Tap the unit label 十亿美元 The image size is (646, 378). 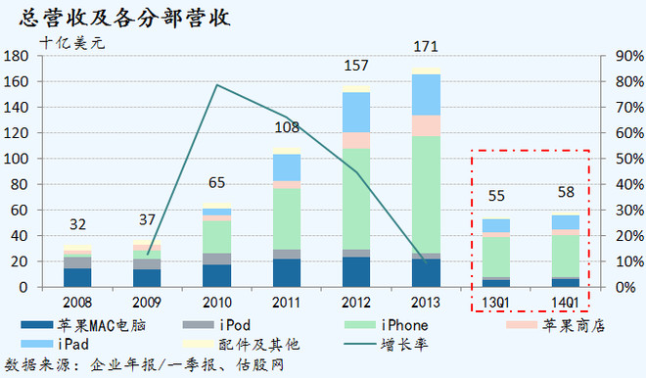(x=70, y=42)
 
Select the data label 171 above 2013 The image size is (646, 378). (x=426, y=46)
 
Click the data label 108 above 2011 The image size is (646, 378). (x=286, y=126)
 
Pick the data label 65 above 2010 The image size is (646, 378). (x=216, y=182)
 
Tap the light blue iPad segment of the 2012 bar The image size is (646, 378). (x=356, y=112)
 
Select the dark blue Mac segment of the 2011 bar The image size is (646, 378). (x=286, y=273)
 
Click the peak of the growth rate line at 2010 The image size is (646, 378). (x=216, y=85)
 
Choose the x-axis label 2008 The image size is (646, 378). (x=77, y=302)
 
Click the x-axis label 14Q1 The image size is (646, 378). (x=565, y=302)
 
